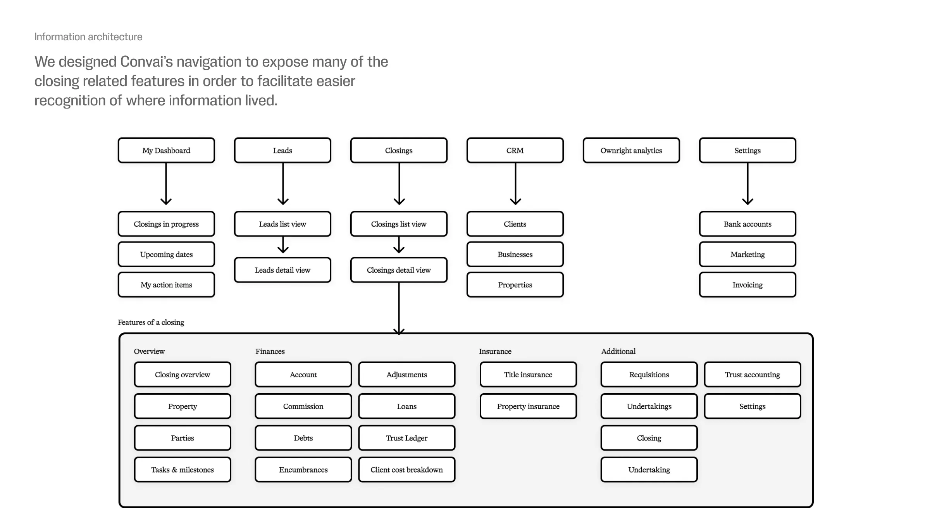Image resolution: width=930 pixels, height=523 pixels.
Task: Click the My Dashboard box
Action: [166, 150]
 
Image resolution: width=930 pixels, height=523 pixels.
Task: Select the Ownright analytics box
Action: [631, 150]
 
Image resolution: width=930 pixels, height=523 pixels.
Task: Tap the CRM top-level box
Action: [515, 150]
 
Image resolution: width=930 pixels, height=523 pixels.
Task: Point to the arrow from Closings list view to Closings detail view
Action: [399, 245]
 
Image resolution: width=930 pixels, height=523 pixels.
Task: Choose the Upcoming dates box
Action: [166, 255]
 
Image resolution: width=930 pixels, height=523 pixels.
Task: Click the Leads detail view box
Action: [282, 270]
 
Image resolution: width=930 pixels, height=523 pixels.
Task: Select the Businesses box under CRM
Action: [515, 255]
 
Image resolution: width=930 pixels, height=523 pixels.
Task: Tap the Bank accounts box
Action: [747, 224]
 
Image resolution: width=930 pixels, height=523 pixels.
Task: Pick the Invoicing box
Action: [747, 285]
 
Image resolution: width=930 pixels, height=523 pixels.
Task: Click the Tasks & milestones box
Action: [183, 470]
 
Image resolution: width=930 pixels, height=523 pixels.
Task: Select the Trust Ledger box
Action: [406, 438]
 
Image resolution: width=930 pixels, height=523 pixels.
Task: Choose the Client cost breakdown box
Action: [406, 470]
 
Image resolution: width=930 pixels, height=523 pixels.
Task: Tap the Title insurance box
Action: [528, 375]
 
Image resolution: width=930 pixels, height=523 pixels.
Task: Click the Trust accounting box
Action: [752, 375]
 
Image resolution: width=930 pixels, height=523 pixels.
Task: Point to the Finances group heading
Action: [270, 351]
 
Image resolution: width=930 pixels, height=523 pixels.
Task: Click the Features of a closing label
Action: [151, 322]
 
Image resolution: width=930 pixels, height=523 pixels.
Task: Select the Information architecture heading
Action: [88, 37]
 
